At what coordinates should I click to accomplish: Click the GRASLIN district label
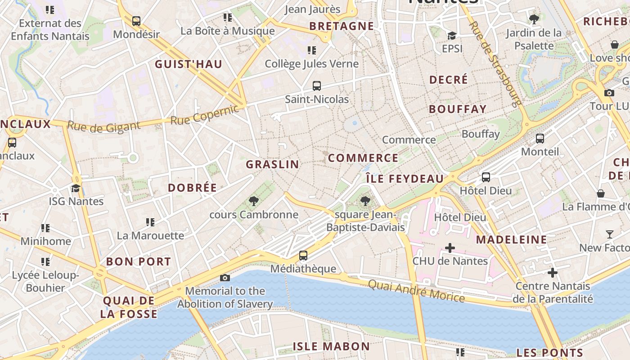(272, 164)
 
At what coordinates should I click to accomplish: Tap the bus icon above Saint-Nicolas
(317, 85)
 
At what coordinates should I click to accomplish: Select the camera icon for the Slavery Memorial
(225, 278)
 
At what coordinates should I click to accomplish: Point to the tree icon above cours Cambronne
(254, 201)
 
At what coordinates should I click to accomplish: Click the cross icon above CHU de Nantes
(450, 247)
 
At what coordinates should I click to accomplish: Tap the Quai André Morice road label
(416, 291)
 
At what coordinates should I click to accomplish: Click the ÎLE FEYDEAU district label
(405, 179)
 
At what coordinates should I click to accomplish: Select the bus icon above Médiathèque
(303, 256)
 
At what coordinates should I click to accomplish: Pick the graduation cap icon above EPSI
(452, 36)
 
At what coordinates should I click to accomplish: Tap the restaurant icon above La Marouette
(150, 222)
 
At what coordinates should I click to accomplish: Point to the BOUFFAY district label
(458, 109)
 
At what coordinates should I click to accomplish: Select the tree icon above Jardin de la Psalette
(534, 19)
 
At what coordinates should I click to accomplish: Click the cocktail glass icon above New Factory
(610, 234)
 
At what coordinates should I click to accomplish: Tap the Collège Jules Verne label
(311, 64)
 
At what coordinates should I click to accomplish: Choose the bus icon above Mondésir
(136, 21)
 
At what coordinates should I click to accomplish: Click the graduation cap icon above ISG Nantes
(76, 188)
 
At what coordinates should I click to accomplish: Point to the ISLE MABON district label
(331, 346)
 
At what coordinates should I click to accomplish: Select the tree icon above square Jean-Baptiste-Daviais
(365, 201)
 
